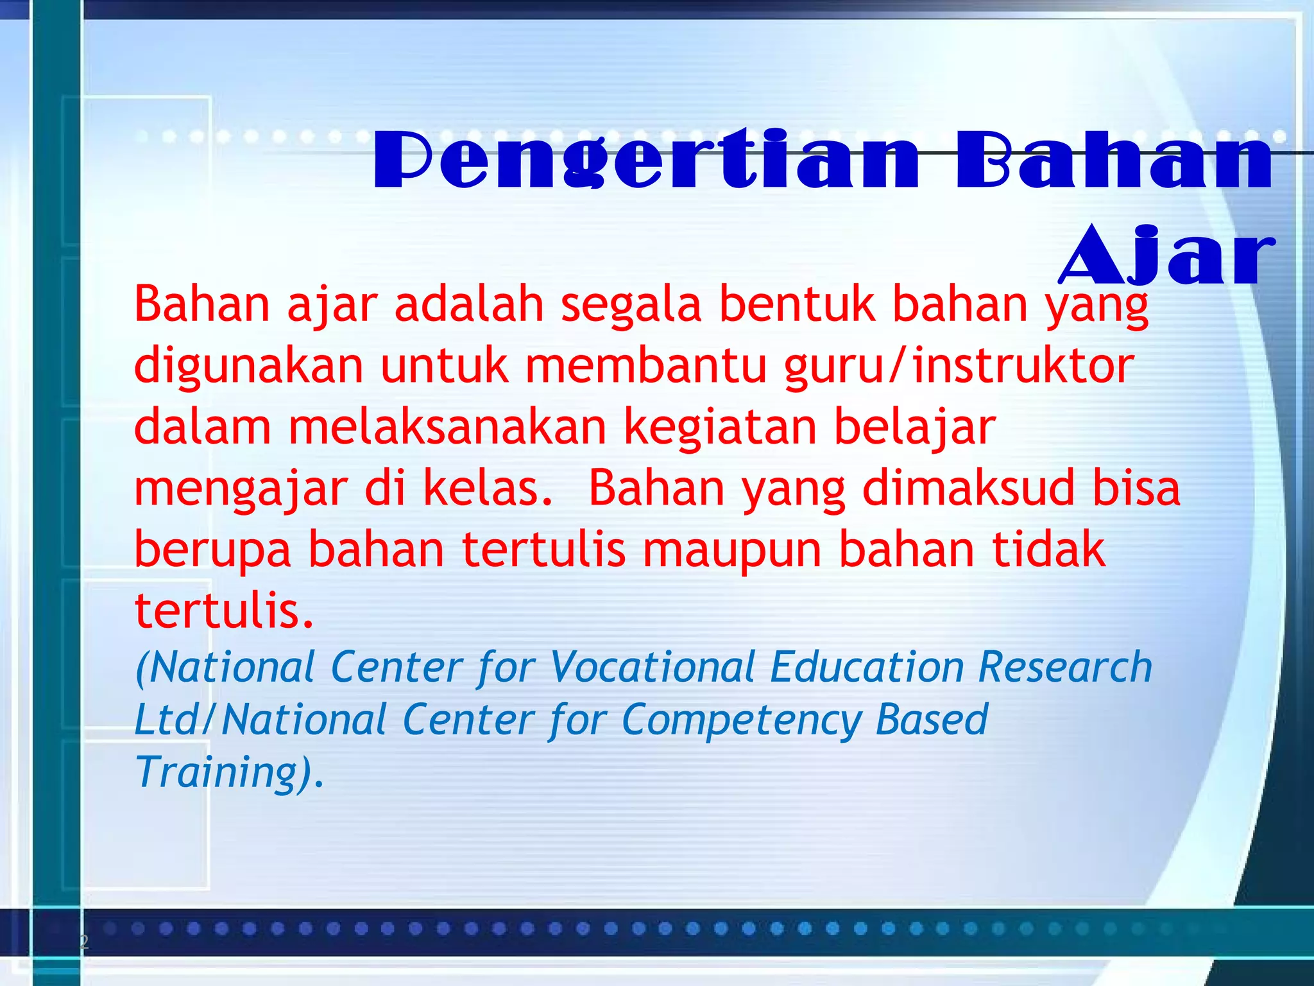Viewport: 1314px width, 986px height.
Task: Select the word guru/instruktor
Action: click(x=960, y=366)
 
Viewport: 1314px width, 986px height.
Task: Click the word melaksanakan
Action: click(x=447, y=428)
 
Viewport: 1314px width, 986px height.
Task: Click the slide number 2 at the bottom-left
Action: click(x=84, y=942)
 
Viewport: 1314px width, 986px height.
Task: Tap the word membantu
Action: click(x=646, y=366)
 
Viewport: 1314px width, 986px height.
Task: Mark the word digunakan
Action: click(x=249, y=366)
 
